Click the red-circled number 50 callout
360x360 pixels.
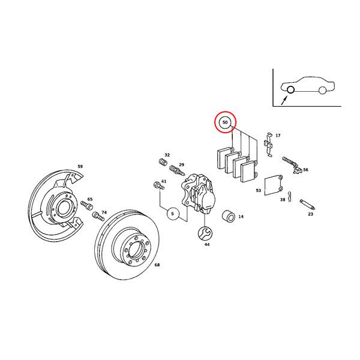coord(225,122)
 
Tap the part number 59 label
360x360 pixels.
coord(80,166)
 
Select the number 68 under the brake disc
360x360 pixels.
coord(157,265)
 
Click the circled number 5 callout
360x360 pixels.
coord(172,213)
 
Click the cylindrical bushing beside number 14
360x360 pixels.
coord(228,216)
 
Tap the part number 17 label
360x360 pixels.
coord(278,136)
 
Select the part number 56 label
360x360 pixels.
coord(305,170)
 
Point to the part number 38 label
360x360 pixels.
coord(282,200)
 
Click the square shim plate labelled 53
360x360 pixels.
coord(275,185)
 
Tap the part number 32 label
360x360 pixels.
coord(167,155)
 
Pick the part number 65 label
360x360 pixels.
coord(90,199)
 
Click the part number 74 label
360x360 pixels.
coord(104,212)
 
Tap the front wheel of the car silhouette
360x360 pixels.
coord(290,90)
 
